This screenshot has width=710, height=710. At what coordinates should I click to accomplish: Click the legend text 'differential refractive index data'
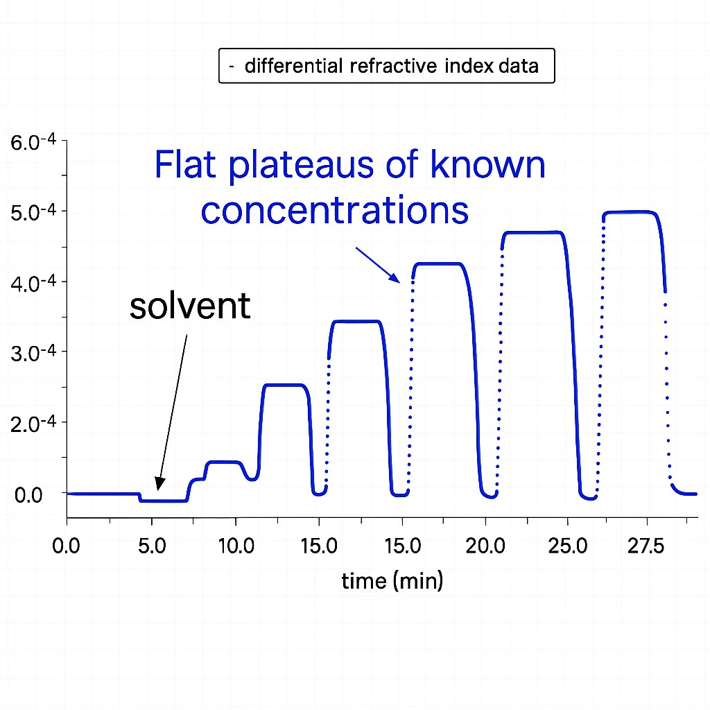click(392, 67)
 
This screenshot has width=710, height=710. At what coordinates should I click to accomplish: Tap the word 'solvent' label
click(189, 306)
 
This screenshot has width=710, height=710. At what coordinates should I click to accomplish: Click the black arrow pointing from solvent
click(173, 410)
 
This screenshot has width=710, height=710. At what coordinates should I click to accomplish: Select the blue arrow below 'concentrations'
click(378, 265)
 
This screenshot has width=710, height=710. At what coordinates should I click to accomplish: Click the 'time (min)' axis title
click(392, 581)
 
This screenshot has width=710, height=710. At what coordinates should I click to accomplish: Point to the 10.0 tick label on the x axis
click(236, 545)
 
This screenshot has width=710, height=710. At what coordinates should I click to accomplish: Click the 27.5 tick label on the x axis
click(646, 545)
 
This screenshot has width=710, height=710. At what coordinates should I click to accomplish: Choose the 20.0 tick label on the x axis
click(485, 545)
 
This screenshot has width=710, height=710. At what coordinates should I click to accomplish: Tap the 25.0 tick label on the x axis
click(567, 545)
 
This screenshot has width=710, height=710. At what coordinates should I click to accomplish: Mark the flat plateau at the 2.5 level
click(284, 385)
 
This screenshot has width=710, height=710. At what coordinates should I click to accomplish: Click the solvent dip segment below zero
click(163, 500)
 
